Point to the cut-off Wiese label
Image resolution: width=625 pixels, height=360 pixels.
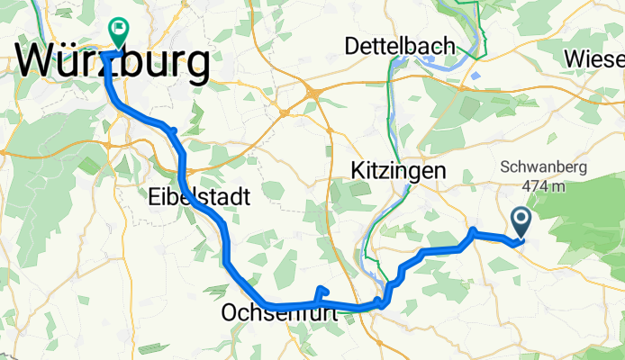coord(595,58)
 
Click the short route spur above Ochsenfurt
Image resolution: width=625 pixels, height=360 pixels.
coord(322,290)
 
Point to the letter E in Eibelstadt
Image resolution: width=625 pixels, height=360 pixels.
coord(154,195)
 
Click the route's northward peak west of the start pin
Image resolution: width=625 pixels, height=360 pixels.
coord(472,231)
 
